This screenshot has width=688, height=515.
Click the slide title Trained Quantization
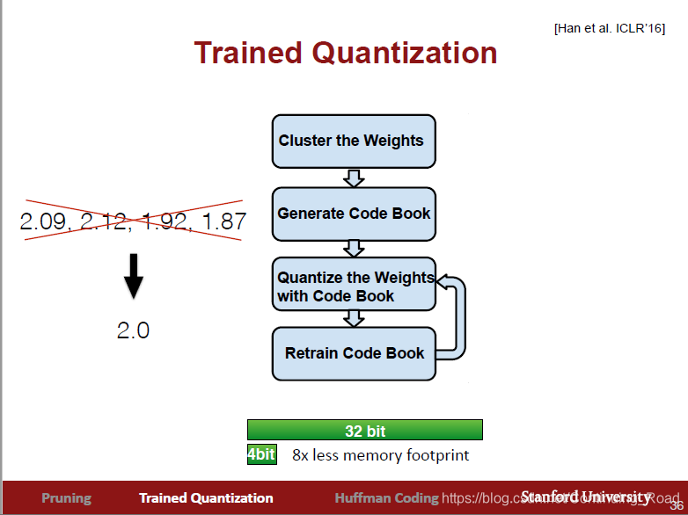[346, 53]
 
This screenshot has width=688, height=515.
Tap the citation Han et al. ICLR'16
[609, 28]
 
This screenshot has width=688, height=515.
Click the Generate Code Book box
[354, 214]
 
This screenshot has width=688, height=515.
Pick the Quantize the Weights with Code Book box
[354, 285]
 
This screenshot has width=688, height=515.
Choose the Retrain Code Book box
[354, 353]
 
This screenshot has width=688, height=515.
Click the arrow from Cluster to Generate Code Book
[354, 178]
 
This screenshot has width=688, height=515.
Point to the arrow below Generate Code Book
[354, 249]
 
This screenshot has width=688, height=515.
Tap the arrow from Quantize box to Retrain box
[354, 318]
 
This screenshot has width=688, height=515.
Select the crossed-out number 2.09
[44, 221]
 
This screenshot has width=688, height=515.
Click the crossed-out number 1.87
[223, 221]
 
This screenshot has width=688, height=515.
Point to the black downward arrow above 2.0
[133, 275]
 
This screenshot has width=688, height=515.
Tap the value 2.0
[133, 330]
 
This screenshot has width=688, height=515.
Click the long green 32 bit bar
[364, 431]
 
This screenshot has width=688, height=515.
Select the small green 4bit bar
[261, 455]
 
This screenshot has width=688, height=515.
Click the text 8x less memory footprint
[380, 455]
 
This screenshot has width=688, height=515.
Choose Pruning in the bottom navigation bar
[66, 498]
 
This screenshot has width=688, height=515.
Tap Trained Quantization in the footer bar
[206, 498]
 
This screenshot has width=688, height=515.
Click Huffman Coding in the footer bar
[386, 498]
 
